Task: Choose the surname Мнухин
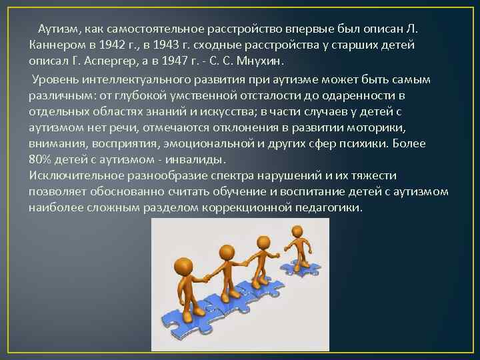[x=259, y=61]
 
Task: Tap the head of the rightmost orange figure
[x=296, y=233]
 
